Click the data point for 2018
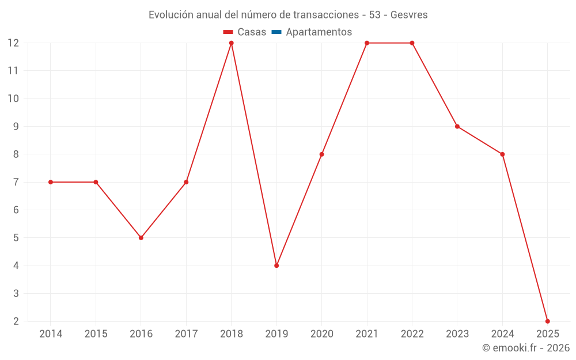tap(231, 43)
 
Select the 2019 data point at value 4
tap(276, 266)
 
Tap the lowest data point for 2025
tap(547, 321)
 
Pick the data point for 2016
tap(141, 237)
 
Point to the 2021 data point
tap(367, 43)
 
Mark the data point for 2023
tap(457, 126)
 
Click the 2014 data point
tap(51, 182)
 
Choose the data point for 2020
tap(321, 154)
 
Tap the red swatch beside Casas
tap(228, 32)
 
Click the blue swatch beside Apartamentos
tap(276, 32)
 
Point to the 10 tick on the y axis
tap(13, 98)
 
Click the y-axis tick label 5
tap(16, 238)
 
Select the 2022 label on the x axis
tap(412, 334)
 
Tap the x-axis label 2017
tap(186, 334)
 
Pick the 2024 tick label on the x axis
tap(502, 334)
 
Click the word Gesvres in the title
tap(409, 15)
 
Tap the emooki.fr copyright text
tap(526, 348)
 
